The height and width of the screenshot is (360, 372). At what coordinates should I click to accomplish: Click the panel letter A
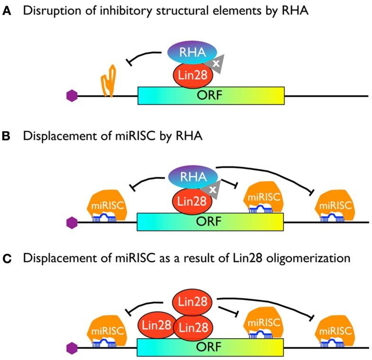pyautogui.click(x=6, y=10)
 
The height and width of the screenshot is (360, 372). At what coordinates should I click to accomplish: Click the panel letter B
pyautogui.click(x=6, y=136)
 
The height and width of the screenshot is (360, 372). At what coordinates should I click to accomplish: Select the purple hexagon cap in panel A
pyautogui.click(x=71, y=96)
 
